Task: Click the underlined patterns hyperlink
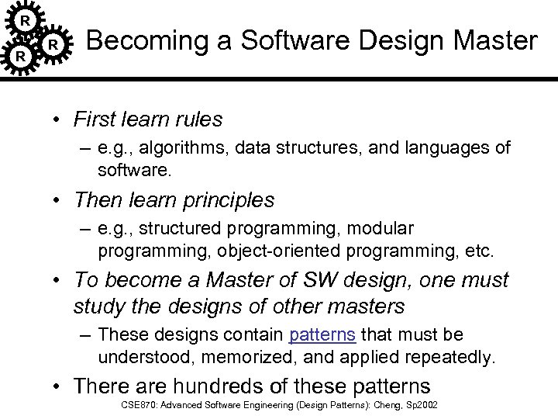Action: (322, 334)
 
